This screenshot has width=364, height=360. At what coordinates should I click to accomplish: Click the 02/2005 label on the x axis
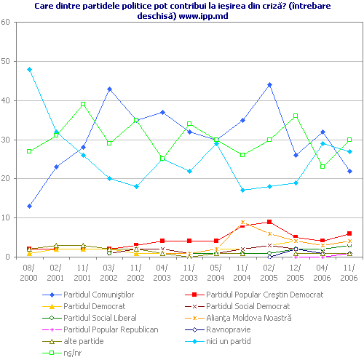[x=269, y=273]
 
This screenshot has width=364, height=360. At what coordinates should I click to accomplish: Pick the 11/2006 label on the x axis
[x=349, y=273]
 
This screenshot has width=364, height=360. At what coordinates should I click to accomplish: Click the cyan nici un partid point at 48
[x=29, y=69]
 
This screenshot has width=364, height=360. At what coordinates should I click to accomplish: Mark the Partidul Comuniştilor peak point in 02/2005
[x=269, y=84]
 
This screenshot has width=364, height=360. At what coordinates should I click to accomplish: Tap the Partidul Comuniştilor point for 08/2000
[x=29, y=206]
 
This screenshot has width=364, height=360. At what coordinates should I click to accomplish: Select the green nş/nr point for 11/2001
[x=83, y=104]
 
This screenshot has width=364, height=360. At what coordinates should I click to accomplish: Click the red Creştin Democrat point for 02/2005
[x=269, y=222]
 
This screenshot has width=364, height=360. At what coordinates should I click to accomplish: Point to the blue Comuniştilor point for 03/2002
[x=109, y=89]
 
